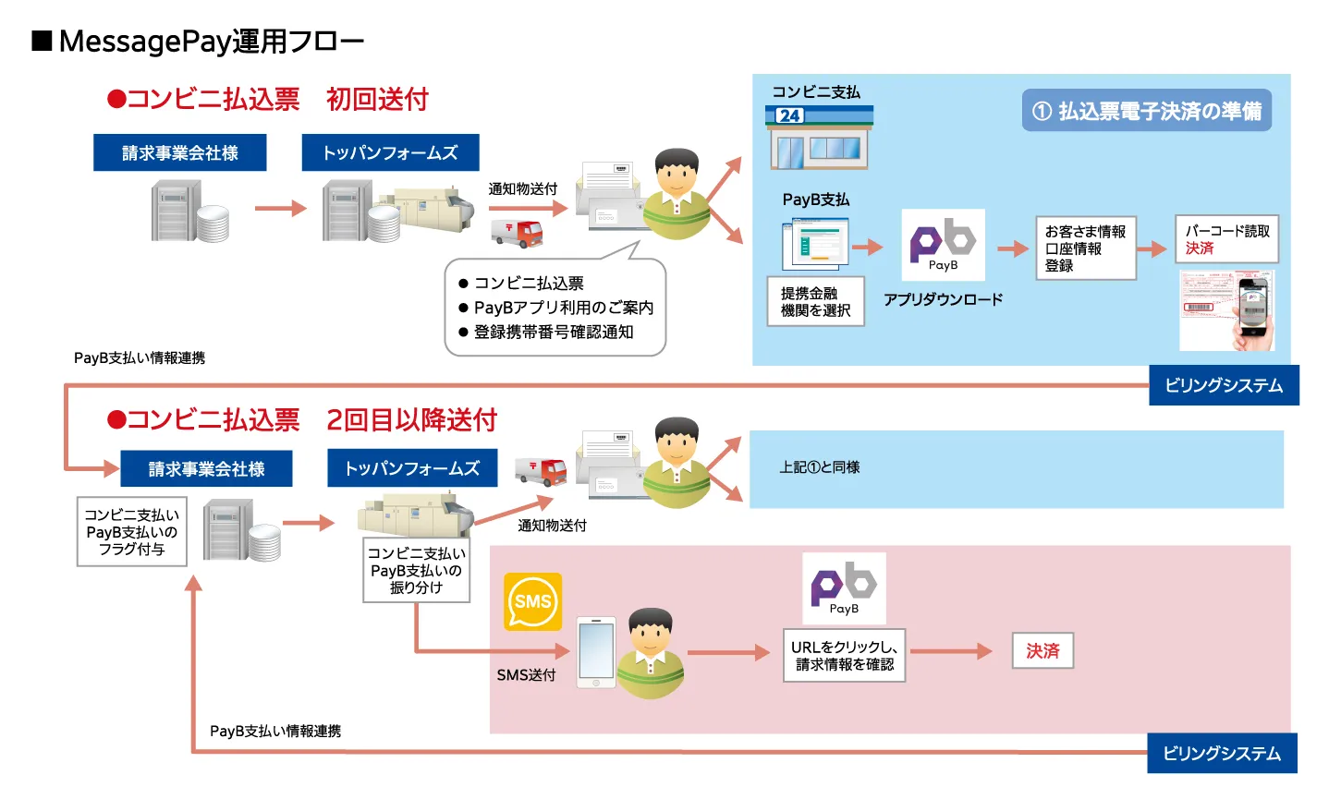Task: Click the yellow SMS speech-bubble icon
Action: [532, 601]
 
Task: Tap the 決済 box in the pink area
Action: [1042, 651]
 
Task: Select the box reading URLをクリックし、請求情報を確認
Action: [844, 656]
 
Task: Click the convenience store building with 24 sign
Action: [819, 138]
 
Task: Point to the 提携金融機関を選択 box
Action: [816, 302]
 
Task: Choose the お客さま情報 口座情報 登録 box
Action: [1085, 248]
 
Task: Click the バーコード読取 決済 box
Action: [1226, 239]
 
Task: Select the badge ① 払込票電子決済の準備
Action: [1146, 111]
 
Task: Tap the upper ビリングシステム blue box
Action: [1224, 385]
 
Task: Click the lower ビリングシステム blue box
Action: [1222, 754]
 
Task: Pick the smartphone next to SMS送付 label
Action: [596, 652]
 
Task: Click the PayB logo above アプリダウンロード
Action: [943, 245]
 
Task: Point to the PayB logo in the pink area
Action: [844, 587]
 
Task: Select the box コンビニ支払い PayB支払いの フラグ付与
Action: [132, 532]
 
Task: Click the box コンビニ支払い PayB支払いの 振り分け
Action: [416, 570]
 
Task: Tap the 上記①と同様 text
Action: [820, 467]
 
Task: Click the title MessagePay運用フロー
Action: [211, 42]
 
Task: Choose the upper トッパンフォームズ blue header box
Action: [390, 153]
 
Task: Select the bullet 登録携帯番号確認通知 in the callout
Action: [553, 332]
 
